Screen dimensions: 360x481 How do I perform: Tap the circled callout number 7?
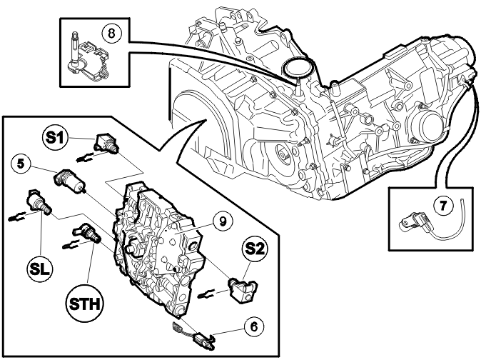click(443, 206)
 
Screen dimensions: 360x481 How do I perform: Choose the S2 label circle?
click(253, 248)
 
